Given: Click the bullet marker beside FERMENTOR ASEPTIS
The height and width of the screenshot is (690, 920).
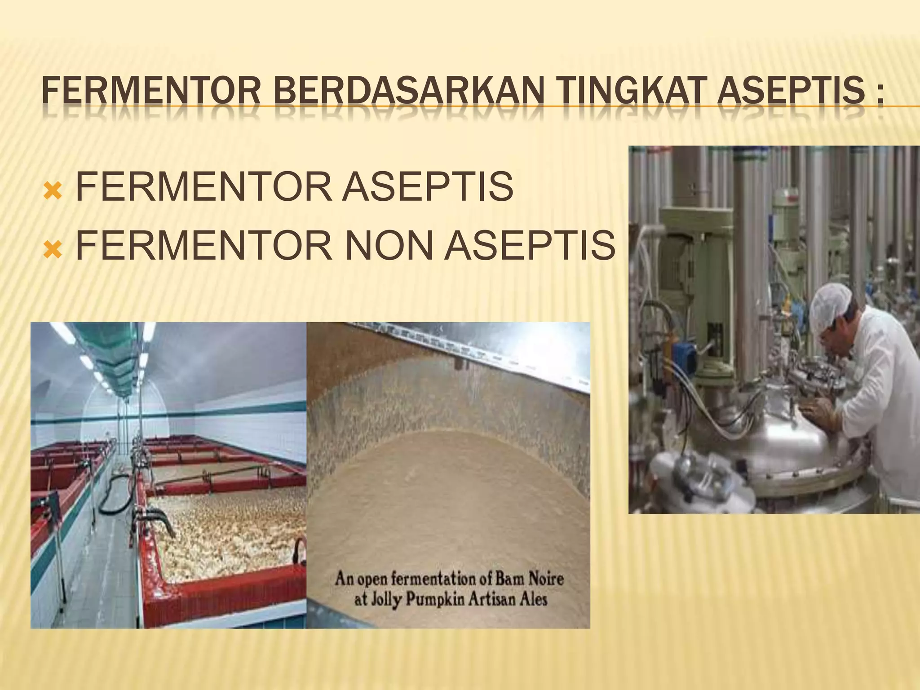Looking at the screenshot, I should (53, 191).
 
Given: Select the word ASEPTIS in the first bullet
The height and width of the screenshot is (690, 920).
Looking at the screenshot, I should (427, 186).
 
